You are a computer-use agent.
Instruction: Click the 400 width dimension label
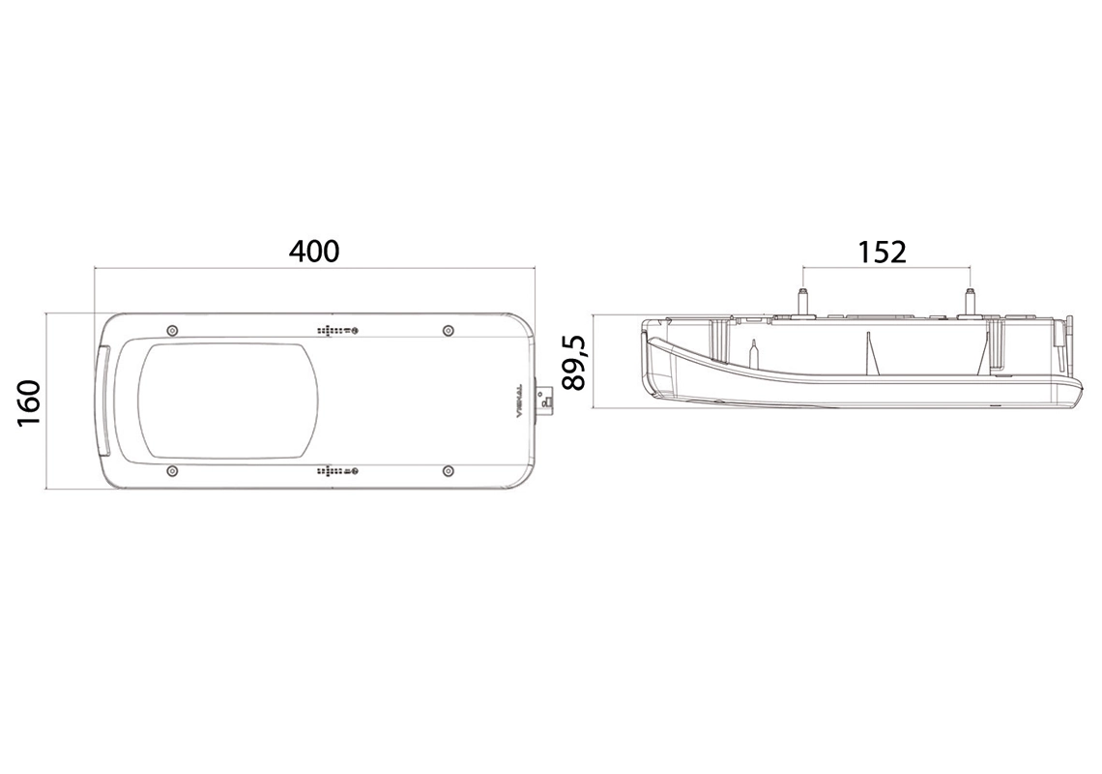[314, 251]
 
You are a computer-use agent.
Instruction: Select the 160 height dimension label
[28, 402]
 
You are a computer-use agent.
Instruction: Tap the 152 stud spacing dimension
[882, 252]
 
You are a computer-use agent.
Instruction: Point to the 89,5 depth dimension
[574, 362]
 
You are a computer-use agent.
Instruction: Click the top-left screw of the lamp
[171, 331]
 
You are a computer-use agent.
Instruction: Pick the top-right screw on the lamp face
[447, 331]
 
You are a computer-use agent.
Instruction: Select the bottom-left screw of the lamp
[171, 471]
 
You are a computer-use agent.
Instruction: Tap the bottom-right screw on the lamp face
[447, 471]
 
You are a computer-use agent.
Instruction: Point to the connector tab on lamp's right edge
[546, 401]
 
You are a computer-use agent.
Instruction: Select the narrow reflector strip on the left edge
[103, 401]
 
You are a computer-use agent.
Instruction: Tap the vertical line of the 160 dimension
[48, 401]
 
